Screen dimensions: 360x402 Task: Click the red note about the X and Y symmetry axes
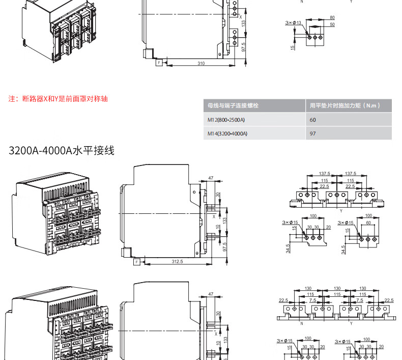[59, 99]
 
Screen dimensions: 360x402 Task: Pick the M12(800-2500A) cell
[226, 120]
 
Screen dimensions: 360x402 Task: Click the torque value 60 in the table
[313, 120]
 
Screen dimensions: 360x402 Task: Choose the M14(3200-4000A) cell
[227, 133]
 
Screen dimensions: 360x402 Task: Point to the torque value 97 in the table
[313, 133]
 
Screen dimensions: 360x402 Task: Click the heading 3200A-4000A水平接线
[62, 151]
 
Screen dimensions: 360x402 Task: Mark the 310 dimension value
[201, 63]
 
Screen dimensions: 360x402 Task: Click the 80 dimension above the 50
[332, 17]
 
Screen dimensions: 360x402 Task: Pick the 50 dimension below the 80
[332, 24]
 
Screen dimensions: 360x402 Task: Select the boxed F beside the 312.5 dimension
[136, 261]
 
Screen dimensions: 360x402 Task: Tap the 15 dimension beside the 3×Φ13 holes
[293, 47]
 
